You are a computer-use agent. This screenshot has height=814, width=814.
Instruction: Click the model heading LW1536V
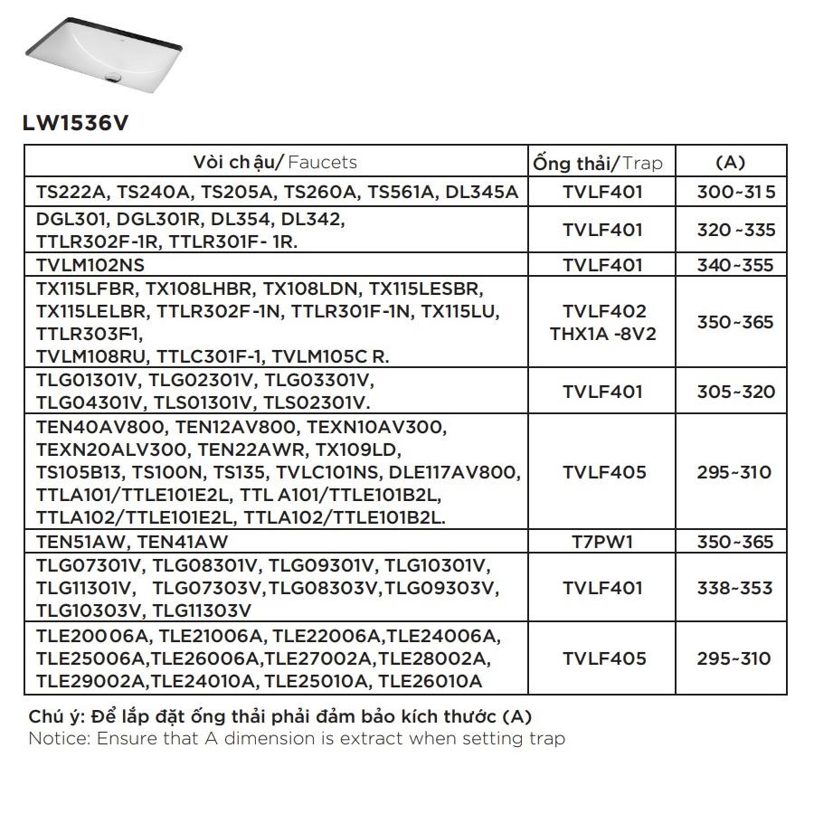pos(75,123)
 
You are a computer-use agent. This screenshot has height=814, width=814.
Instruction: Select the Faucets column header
pos(275,163)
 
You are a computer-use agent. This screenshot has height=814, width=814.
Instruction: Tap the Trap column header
pos(598,164)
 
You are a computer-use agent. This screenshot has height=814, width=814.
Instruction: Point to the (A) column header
pos(730,163)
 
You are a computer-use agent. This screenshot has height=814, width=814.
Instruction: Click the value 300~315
pos(736,193)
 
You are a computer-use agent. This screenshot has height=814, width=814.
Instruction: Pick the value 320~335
pos(736,230)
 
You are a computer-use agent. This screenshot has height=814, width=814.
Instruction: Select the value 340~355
pos(736,265)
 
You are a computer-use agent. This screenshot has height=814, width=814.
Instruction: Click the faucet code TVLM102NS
pos(90,265)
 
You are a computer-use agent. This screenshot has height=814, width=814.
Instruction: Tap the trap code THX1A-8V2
pos(603,334)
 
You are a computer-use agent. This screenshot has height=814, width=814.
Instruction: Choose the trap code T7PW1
pos(603,542)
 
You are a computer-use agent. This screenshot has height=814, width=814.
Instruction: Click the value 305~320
pos(736,392)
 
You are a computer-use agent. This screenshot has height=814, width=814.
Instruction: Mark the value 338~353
pos(736,588)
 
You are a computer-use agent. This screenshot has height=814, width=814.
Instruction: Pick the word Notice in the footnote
pos(55,739)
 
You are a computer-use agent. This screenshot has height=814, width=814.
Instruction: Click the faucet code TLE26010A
pos(431,681)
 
